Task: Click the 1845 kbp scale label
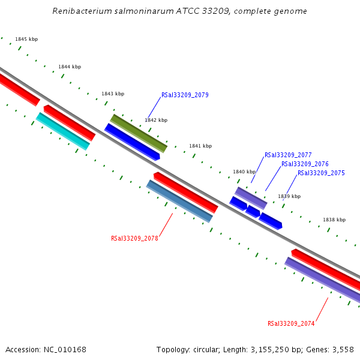(x=26, y=39)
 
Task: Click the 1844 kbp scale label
(x=70, y=67)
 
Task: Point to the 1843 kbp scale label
(x=113, y=94)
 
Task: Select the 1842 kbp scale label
(x=156, y=120)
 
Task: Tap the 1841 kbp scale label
(x=200, y=146)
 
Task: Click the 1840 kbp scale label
(x=244, y=172)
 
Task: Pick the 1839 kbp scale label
(x=289, y=196)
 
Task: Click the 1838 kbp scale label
(x=334, y=220)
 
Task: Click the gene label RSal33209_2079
(x=185, y=95)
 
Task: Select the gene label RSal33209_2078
(x=134, y=238)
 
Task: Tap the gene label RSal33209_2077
(x=288, y=155)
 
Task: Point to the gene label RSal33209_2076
(x=305, y=164)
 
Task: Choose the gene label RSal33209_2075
(x=321, y=173)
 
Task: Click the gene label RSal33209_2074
(x=291, y=323)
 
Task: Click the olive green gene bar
(x=139, y=133)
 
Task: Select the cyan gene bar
(x=63, y=131)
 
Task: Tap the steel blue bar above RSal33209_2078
(x=179, y=201)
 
